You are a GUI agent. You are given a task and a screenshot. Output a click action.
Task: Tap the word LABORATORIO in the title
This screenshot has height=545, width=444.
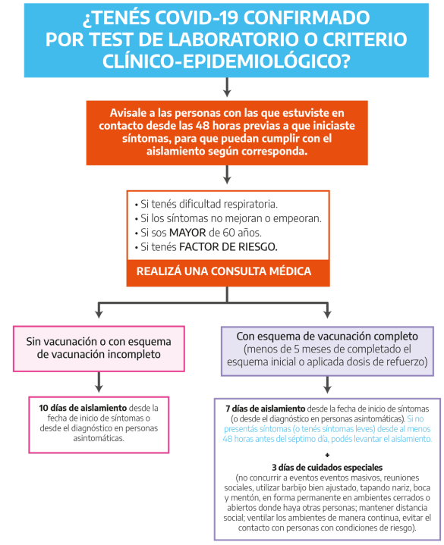pos(218,39)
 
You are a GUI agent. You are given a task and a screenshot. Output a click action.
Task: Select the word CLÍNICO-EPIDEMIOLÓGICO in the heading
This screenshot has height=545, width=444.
pos(226,61)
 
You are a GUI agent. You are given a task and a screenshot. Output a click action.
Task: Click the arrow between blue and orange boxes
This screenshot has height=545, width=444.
pos(227,87)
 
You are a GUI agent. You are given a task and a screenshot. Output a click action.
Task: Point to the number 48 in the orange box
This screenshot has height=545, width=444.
pos(202,126)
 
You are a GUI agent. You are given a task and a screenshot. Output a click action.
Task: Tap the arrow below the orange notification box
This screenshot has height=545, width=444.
pos(227,174)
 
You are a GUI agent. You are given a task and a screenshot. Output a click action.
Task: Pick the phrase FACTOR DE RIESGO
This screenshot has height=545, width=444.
pos(228,247)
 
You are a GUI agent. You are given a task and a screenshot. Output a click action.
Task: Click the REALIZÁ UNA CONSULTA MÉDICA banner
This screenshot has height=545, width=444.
pos(224,271)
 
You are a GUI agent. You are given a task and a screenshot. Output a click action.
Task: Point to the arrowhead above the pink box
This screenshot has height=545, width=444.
pos(99,314)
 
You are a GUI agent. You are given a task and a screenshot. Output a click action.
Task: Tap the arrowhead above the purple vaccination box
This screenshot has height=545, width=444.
pos(327,314)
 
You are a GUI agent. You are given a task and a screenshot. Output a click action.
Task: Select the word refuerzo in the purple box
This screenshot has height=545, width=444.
pos(406,362)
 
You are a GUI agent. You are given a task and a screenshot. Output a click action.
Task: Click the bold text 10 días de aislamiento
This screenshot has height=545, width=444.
pos(83,408)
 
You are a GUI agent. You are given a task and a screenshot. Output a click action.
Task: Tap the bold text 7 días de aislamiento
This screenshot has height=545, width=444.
pos(265,409)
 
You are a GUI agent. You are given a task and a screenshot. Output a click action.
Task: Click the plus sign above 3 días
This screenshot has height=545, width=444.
pos(327,455)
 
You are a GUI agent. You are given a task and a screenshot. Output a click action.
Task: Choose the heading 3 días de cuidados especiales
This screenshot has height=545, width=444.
pos(327,468)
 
